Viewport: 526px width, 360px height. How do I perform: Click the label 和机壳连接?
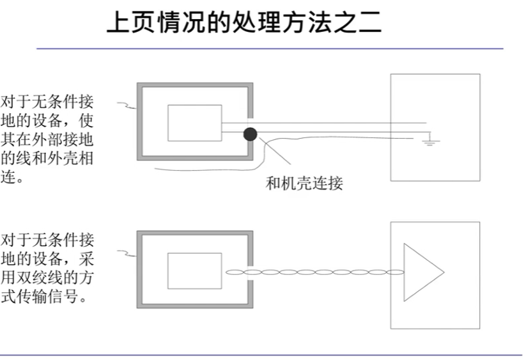[304, 184]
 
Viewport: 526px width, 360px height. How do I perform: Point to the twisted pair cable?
[313, 272]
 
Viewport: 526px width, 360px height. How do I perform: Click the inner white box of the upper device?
[194, 123]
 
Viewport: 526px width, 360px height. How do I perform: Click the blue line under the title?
[268, 49]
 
